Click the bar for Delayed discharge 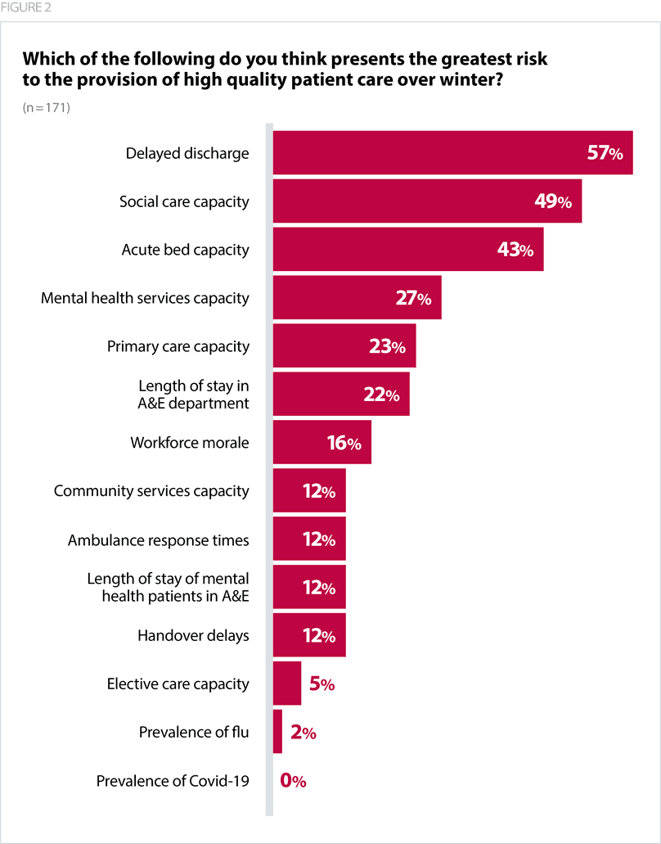452,153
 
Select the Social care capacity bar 427,201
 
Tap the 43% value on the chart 515,250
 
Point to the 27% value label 413,298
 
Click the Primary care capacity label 178,346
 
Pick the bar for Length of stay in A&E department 341,395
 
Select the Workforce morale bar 322,443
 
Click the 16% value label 344,444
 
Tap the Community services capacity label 151,491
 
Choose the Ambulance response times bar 309,539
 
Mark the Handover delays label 193,636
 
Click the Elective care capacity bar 286,684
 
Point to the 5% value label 322,684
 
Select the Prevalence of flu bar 277,732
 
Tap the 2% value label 303,733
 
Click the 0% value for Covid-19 293,781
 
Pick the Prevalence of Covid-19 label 173,781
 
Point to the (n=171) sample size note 47,107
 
